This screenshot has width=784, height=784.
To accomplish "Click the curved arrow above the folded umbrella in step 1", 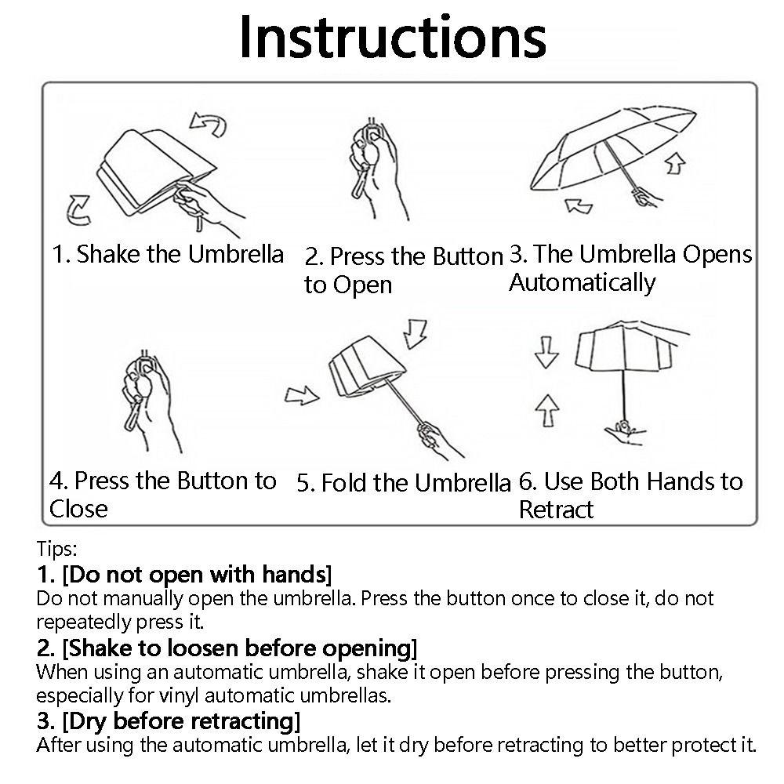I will click(208, 124).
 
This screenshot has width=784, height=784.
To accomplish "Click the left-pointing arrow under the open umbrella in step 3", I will click(579, 206).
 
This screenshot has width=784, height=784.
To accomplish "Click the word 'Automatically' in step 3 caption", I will click(582, 282).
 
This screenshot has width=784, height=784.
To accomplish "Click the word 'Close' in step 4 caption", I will click(78, 509).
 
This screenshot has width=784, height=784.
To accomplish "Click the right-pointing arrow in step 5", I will click(302, 396).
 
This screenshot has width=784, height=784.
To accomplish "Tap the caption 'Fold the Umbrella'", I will click(403, 482).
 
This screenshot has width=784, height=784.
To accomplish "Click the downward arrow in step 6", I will click(546, 354).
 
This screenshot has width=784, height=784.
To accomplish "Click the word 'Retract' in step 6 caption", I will click(556, 510).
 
